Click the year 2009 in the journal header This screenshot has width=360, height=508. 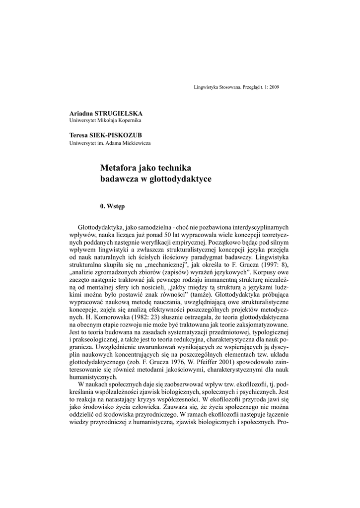point(274,87)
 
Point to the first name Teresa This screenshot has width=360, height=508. point(78,135)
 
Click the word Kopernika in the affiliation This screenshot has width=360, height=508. point(130,121)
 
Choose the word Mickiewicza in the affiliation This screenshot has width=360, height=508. point(138,143)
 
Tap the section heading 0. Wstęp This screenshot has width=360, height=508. point(112,205)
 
